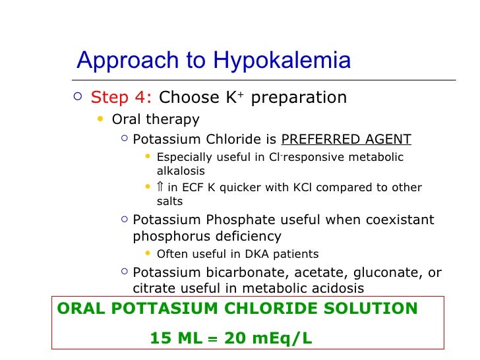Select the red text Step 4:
click(x=121, y=98)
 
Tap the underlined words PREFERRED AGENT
click(x=346, y=139)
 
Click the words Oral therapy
click(x=156, y=119)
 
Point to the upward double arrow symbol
click(x=160, y=187)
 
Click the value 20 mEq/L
click(x=266, y=338)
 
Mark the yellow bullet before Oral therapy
click(x=100, y=119)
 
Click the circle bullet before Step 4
click(x=78, y=98)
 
